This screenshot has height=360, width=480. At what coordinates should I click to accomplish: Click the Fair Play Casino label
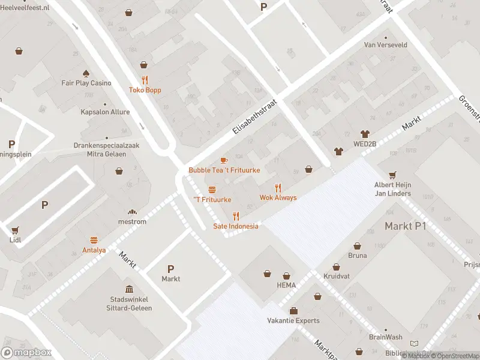point(86,83)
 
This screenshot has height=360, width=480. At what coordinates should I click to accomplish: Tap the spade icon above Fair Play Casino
point(86,73)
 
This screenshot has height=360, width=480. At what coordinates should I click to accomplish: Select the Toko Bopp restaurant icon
point(145,80)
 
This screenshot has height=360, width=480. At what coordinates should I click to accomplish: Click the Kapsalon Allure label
point(105,112)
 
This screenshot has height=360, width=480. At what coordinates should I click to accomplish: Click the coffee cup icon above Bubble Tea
point(224,160)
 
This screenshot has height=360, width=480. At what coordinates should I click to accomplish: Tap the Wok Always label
point(278,197)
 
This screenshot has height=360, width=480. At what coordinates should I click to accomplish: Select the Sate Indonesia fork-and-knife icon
point(236,216)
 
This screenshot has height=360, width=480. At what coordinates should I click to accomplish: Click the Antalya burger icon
point(94,240)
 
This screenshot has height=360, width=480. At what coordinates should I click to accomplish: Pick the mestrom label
point(133,221)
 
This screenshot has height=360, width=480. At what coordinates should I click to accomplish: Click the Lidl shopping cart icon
point(14,230)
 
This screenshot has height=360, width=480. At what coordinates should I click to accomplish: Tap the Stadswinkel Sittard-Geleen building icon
point(129,289)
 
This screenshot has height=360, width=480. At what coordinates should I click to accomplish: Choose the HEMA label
point(286,285)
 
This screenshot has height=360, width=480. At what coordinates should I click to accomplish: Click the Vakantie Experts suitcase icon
point(293,311)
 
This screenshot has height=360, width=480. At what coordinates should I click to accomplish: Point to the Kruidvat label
point(336,277)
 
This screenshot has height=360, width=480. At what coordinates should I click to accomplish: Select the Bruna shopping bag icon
point(358,246)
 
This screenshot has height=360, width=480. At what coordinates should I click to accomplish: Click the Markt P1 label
point(405,226)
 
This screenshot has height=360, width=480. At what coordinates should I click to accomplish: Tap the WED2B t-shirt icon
point(364,134)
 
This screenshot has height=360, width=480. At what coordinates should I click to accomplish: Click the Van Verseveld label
point(386,44)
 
